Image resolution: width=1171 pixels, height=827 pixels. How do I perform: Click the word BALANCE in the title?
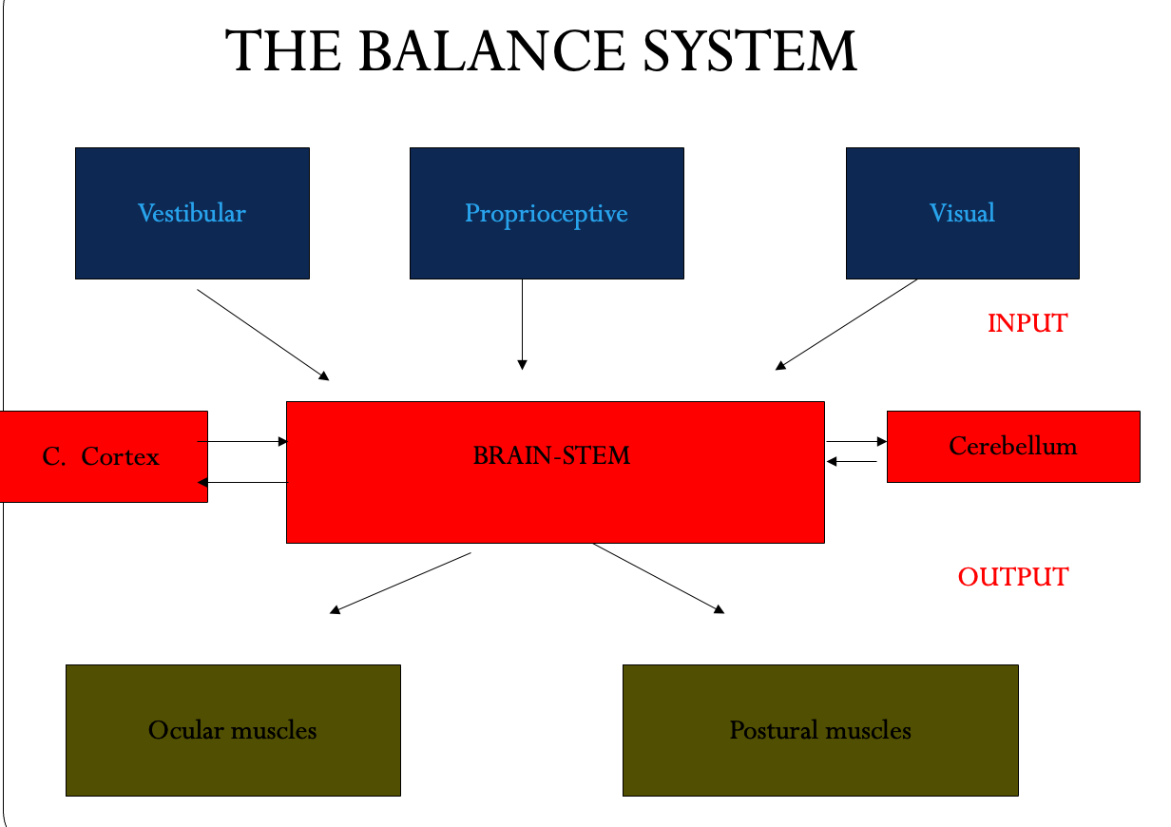(495, 51)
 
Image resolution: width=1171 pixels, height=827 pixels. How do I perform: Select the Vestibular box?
(192, 213)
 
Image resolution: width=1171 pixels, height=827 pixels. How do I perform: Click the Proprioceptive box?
(547, 213)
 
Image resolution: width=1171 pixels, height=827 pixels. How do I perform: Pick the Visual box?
(962, 213)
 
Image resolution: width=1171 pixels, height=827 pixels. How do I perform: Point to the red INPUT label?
(1027, 323)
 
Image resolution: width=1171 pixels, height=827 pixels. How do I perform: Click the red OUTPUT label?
(1012, 577)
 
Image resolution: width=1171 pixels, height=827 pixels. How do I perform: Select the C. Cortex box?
(103, 456)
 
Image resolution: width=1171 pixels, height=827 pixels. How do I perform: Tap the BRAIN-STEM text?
(551, 455)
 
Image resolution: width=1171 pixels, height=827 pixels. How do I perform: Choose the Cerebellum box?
(1013, 446)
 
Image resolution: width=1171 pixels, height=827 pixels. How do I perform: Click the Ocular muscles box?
(233, 730)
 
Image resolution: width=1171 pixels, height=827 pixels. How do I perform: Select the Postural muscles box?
(820, 730)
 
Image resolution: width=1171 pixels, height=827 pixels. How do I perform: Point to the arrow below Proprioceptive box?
(522, 324)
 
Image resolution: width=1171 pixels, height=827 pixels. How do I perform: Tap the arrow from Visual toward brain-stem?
(846, 324)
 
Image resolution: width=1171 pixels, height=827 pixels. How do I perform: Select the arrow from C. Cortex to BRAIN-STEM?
(242, 441)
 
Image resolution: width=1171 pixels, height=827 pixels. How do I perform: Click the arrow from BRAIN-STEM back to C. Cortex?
(242, 483)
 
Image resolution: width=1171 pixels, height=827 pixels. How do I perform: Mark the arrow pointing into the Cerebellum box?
(856, 441)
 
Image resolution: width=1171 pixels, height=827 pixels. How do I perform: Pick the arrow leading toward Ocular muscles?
(400, 582)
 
